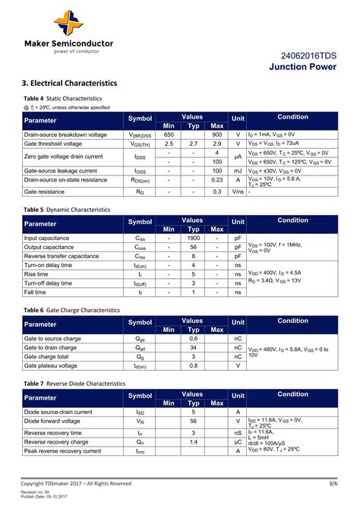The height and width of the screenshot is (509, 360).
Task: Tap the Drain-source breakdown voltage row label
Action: pos(65,134)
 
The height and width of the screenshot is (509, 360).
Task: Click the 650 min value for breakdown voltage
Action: pos(169,134)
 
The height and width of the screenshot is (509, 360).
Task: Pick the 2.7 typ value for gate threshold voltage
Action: pos(193,144)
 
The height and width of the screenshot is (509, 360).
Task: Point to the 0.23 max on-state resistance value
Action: pos(217,180)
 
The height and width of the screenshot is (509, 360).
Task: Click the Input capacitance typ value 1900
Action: pos(193,238)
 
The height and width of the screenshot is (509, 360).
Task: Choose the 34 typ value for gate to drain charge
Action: pos(193,347)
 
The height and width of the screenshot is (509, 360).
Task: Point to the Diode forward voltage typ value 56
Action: pos(193,421)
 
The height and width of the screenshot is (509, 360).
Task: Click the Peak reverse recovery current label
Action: pos(62,451)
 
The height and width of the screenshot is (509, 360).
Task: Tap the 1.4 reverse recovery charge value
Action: pos(193,441)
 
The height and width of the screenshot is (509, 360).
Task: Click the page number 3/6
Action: pos(333,483)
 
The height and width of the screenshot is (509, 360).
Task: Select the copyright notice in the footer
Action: pos(76,483)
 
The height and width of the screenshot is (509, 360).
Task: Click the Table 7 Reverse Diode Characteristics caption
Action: pos(74,384)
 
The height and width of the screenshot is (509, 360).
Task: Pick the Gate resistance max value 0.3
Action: pos(217,192)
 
